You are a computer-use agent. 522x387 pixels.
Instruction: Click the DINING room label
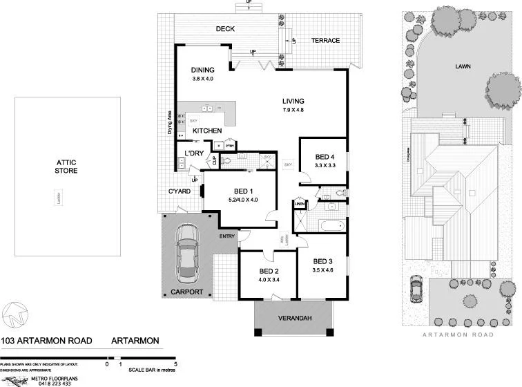point(203,70)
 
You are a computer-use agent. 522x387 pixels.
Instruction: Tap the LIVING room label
point(293,101)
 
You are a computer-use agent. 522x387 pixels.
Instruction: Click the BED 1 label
point(243,191)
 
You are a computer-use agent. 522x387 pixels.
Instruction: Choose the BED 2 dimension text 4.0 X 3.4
point(269,279)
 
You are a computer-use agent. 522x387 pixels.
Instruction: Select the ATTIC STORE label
point(66,166)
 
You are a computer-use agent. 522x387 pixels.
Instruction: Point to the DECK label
point(225,29)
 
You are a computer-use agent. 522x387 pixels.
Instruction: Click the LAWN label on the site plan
point(463,67)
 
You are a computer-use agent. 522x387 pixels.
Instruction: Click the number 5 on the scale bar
point(176,363)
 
